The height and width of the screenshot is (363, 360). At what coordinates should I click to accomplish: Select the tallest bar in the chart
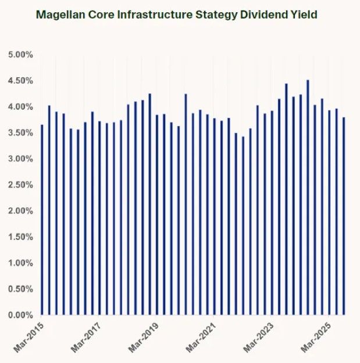(308, 197)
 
